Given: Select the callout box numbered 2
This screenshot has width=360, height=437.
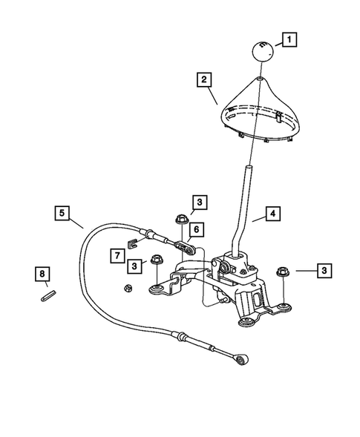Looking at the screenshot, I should pos(204,79).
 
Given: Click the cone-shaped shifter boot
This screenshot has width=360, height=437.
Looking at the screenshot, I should pos(258,109).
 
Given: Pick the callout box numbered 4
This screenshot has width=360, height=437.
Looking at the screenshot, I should pos(273,214).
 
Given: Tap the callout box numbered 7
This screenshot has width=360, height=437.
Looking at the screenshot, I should pos(117,256).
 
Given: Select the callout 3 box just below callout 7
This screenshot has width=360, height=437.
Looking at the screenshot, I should pos(134,265).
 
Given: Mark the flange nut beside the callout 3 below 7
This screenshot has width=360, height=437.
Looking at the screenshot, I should pos(157,260).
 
